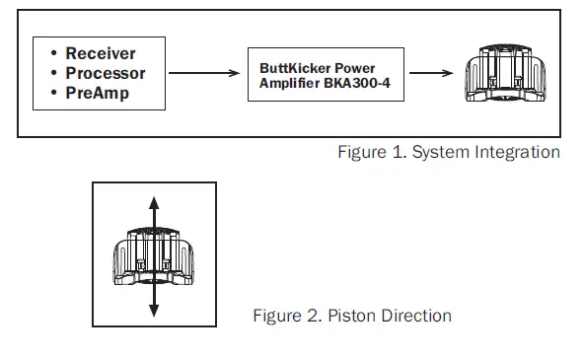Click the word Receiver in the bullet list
coord(101,53)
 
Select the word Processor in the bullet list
coord(106,73)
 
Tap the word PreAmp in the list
coord(97,93)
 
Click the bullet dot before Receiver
coord(53,53)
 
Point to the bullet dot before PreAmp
coord(53,93)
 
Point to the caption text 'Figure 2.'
coord(286,316)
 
